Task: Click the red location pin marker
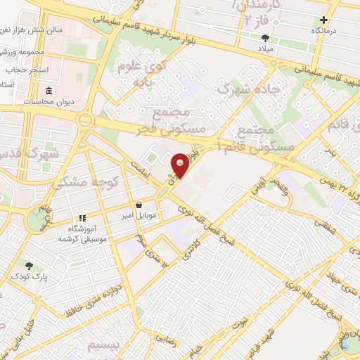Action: [x=181, y=165]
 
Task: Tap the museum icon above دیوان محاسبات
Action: [x=48, y=91]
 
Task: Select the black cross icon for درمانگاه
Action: [x=323, y=20]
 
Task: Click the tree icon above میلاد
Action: [x=265, y=39]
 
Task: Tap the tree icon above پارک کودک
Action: [x=29, y=266]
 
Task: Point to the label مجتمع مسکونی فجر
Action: [x=180, y=120]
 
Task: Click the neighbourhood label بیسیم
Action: [x=103, y=345]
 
